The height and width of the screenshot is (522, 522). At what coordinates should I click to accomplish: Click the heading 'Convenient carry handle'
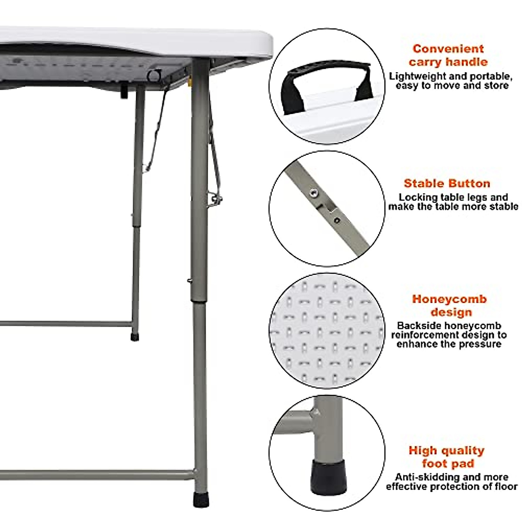pos(448,55)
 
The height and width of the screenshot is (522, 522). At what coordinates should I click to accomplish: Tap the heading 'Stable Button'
pos(447,183)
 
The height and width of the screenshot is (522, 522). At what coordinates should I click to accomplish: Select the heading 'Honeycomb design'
pos(449,305)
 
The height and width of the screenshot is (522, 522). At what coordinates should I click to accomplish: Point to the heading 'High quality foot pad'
pos(447,457)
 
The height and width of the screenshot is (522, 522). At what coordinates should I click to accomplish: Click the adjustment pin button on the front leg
pos(189,281)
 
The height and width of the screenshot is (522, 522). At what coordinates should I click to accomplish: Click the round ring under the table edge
pos(153,75)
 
